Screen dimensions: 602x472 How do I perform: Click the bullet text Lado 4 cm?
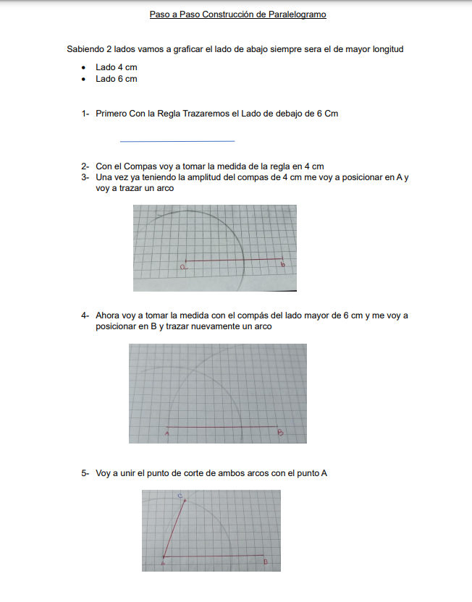tap(116, 67)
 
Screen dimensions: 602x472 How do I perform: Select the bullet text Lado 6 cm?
tap(116, 78)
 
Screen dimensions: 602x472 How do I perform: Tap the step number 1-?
tap(85, 114)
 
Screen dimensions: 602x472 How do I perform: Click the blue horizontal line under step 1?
tap(177, 141)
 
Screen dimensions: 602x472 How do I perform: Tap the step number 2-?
tap(85, 166)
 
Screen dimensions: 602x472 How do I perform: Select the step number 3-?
tap(85, 177)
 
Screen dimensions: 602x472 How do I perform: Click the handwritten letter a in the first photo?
tap(183, 268)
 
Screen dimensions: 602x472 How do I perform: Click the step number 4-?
tap(85, 315)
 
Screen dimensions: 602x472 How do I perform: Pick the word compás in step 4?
tap(244, 315)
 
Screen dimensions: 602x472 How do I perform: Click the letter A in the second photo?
tap(167, 434)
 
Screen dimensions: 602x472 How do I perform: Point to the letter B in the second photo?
tap(280, 433)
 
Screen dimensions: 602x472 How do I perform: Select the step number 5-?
tap(85, 473)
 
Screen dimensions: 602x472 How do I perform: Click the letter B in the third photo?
tap(266, 561)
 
